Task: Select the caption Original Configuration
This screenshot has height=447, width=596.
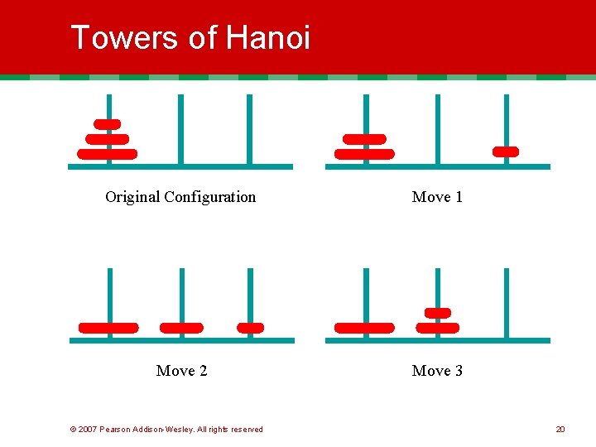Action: click(180, 197)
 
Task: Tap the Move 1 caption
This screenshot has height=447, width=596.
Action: click(437, 197)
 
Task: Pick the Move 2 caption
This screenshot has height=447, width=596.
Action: click(181, 371)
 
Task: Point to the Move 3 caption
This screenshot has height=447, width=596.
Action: click(437, 371)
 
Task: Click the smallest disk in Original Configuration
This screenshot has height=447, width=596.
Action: click(108, 124)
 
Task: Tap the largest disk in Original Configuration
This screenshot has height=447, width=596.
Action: click(108, 154)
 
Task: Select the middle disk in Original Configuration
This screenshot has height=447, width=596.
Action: click(108, 139)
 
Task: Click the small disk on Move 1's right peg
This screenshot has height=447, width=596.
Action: click(506, 151)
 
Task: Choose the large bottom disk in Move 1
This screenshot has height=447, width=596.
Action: click(365, 154)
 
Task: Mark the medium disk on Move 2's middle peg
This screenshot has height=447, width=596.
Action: click(181, 328)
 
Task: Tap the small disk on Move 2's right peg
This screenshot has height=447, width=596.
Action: click(250, 328)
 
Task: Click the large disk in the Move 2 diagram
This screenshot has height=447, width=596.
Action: click(108, 328)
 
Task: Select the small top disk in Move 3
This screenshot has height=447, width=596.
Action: click(437, 313)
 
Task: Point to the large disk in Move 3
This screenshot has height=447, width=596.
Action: click(365, 328)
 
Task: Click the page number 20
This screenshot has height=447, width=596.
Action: click(560, 430)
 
